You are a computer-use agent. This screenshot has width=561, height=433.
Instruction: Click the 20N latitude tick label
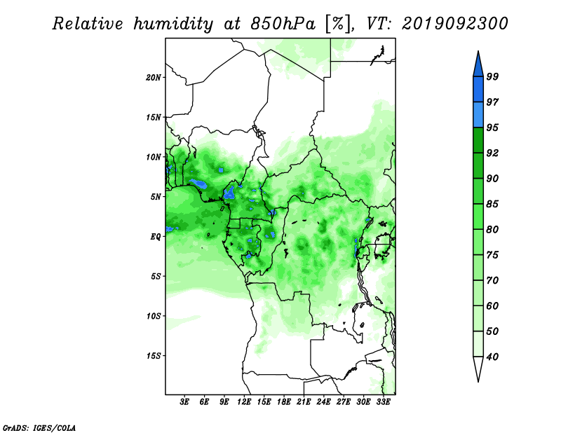154,77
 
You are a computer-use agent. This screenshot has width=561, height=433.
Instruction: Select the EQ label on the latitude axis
155,236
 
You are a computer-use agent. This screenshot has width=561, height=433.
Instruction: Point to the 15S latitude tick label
154,356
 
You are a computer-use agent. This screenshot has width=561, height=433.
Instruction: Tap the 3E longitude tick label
184,401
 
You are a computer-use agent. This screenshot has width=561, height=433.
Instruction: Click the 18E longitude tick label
284,401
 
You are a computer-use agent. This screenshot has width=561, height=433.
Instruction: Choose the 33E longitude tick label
383,401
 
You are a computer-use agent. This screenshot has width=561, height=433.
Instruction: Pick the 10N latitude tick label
154,157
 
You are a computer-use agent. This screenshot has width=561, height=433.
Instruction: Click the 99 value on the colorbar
492,76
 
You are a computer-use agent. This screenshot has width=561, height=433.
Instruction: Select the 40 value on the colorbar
492,357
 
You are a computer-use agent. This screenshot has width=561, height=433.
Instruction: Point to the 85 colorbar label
492,204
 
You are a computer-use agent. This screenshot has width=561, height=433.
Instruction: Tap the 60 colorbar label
492,305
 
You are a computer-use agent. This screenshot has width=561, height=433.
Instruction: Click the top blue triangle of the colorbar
478,65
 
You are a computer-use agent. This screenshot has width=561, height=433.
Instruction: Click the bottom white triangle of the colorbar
478,369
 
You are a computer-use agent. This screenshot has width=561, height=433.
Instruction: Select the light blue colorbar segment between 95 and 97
478,115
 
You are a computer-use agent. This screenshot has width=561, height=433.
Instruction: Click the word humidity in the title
173,24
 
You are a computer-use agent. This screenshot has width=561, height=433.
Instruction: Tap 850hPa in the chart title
283,24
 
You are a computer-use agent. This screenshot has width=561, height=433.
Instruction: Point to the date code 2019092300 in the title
454,24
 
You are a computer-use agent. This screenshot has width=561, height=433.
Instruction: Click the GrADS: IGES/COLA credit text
39,427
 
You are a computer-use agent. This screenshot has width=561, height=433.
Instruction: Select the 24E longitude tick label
323,401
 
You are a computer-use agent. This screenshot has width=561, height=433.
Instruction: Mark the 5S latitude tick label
156,276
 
